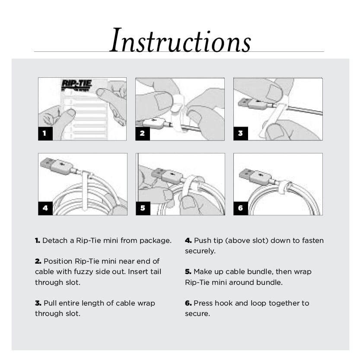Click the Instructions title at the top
[x=180, y=40]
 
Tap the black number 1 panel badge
[x=45, y=133]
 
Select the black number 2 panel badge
[x=143, y=133]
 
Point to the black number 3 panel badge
[x=241, y=133]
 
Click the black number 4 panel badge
[x=45, y=208]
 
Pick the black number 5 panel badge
[x=143, y=208]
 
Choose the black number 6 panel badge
[x=241, y=208]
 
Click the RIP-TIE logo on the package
[x=77, y=85]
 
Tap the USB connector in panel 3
[x=252, y=103]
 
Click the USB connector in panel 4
[x=57, y=166]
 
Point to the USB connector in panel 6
[x=255, y=177]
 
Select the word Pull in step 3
[x=50, y=303]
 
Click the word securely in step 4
[x=200, y=251]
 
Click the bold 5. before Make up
[x=188, y=272]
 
